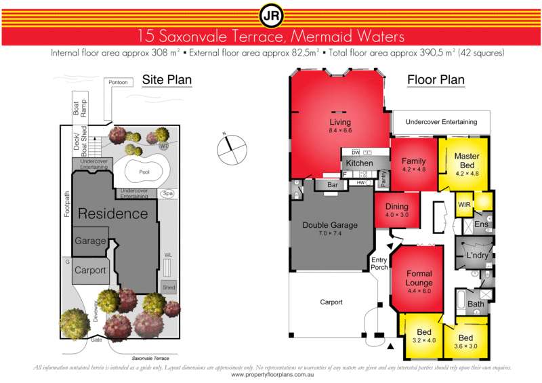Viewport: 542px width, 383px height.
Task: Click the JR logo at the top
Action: point(270,14)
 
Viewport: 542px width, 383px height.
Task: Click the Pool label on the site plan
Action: point(144,172)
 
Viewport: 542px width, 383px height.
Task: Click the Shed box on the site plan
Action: point(169,287)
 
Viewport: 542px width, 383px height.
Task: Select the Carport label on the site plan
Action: point(90,270)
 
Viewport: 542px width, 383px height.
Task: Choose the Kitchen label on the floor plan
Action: point(359,164)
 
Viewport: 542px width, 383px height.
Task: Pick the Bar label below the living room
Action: point(332,184)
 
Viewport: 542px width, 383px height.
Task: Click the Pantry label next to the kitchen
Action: point(383,178)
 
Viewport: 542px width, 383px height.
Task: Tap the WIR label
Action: point(464,204)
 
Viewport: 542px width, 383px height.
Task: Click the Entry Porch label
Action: point(378,264)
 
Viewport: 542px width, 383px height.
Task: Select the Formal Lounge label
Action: point(418,278)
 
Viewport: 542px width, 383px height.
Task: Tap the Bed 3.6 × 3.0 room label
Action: point(465,342)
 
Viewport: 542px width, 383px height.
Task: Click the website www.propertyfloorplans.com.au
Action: point(271,374)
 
